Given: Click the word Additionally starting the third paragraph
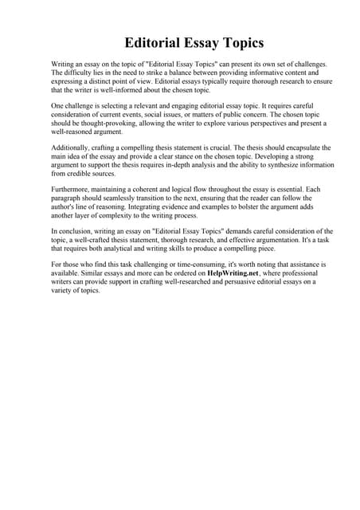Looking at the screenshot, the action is tap(51, 149).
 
